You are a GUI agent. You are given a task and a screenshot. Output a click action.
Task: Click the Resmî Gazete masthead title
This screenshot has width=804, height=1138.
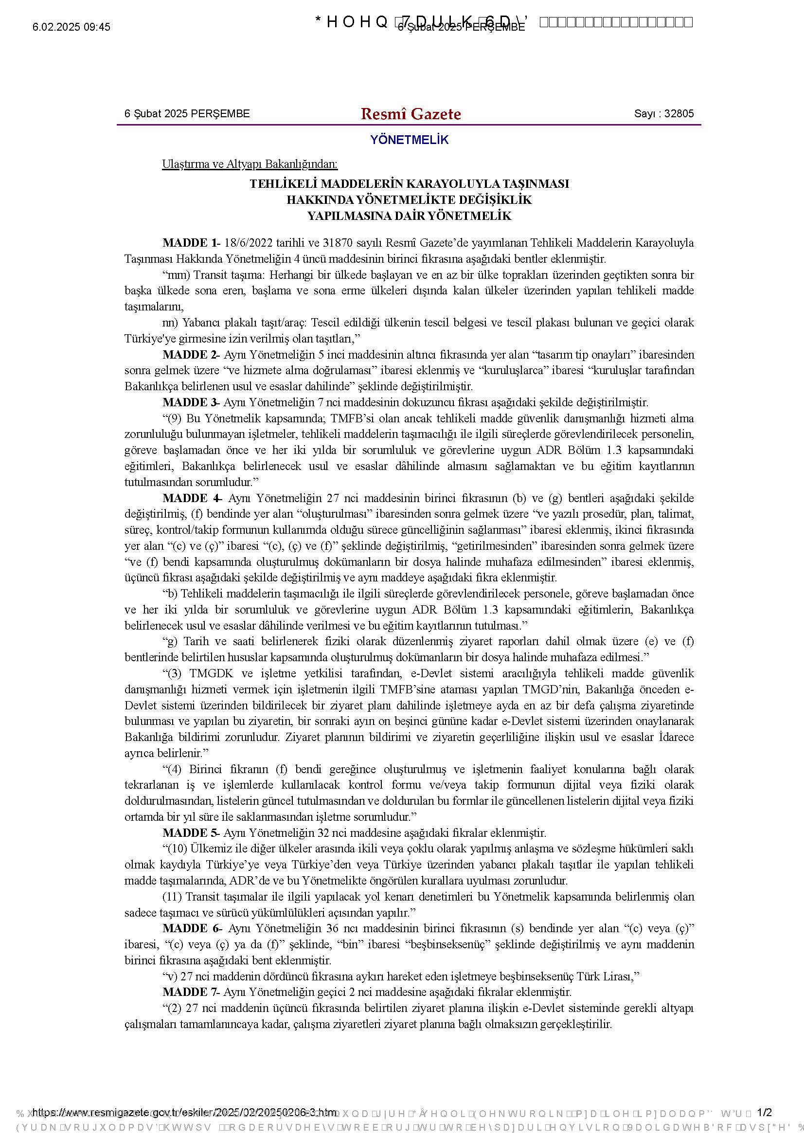(x=411, y=114)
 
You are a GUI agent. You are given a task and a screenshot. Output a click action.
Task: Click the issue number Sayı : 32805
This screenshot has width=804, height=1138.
(x=664, y=113)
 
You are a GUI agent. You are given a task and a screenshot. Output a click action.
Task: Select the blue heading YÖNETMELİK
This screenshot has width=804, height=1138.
(x=409, y=140)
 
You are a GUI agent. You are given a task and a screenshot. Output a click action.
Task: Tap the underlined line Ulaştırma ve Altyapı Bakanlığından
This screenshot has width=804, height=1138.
(x=250, y=164)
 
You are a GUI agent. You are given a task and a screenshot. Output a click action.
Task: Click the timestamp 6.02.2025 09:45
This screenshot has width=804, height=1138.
(x=71, y=27)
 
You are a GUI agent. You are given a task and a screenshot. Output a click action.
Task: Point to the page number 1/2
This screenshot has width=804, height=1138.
(x=765, y=1113)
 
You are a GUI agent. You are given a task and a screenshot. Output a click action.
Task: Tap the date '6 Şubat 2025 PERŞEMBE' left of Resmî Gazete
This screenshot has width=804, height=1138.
(x=187, y=113)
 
